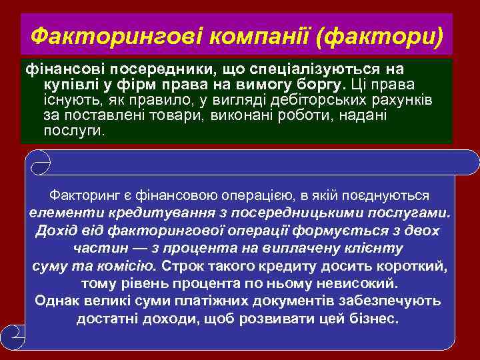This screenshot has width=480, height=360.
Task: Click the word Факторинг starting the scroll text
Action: pos(81,196)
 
